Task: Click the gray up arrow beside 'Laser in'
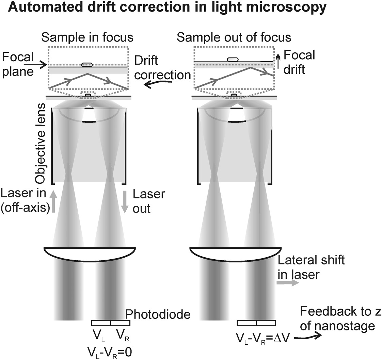point(53,201)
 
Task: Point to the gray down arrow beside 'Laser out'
point(125,201)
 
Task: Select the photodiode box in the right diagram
point(256,323)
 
